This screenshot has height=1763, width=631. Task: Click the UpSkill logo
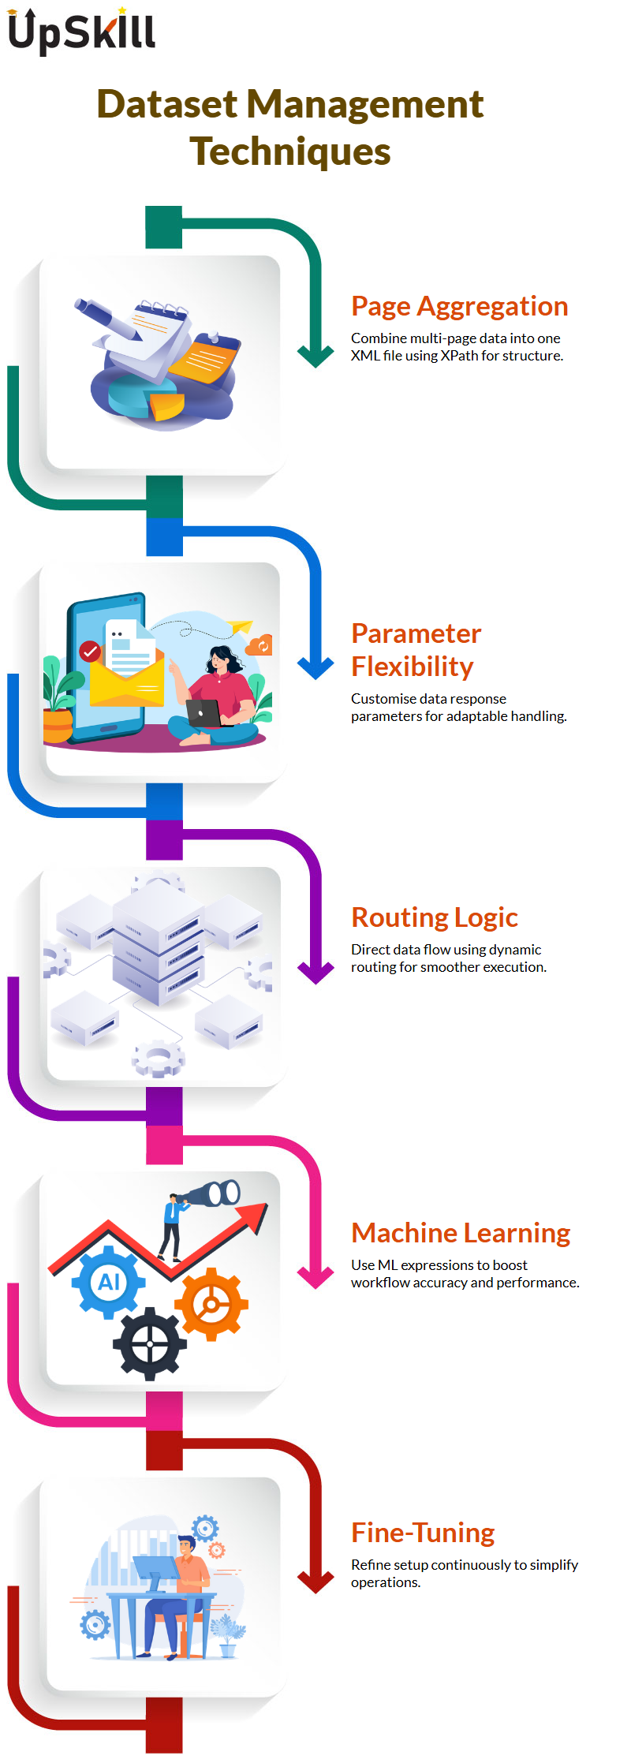[81, 32]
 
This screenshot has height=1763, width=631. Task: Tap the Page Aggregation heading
[460, 306]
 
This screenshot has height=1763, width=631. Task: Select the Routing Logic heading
[435, 917]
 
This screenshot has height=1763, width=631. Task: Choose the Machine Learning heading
[461, 1232]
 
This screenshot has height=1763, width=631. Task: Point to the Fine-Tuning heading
[423, 1532]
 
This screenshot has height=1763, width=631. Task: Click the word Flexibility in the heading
[413, 667]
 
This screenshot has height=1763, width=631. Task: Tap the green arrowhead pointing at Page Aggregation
[316, 356]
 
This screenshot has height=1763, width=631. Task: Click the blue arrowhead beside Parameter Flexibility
[316, 667]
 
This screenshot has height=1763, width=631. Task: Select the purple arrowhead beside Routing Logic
[316, 972]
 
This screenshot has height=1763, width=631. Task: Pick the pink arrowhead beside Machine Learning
[316, 1276]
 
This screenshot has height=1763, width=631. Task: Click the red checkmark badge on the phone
[90, 652]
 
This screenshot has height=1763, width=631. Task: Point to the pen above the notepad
[107, 319]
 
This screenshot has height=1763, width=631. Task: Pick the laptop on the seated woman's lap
[204, 713]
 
